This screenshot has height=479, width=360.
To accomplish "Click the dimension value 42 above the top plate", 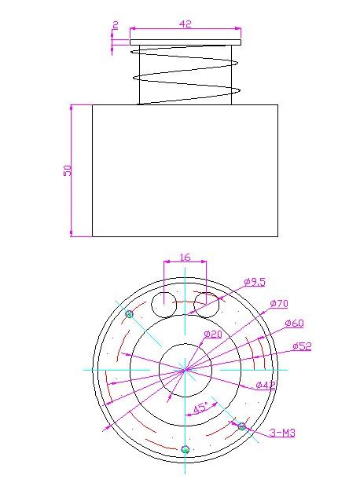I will click(186, 24).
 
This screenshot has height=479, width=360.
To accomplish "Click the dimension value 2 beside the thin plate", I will click(116, 25).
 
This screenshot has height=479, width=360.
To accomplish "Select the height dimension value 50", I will click(68, 170).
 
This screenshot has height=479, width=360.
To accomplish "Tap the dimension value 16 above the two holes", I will click(185, 257).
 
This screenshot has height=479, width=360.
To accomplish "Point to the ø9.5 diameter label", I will click(255, 281).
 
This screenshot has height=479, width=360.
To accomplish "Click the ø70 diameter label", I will click(279, 303).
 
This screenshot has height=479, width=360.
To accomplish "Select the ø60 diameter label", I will click(294, 323).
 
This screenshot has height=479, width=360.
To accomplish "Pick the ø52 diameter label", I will click(302, 346).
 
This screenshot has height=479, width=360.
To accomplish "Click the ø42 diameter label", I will click(265, 384).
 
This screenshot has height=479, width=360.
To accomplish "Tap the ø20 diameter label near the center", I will click(213, 335).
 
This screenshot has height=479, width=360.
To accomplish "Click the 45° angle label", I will click(201, 409).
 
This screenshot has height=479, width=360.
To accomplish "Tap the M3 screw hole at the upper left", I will click(130, 314).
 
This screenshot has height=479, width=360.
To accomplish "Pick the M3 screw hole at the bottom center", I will click(186, 449).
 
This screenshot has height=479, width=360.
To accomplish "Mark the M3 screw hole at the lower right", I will click(242, 426).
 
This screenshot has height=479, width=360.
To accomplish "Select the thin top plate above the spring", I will click(186, 42).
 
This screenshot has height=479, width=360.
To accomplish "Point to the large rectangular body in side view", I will click(186, 170).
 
